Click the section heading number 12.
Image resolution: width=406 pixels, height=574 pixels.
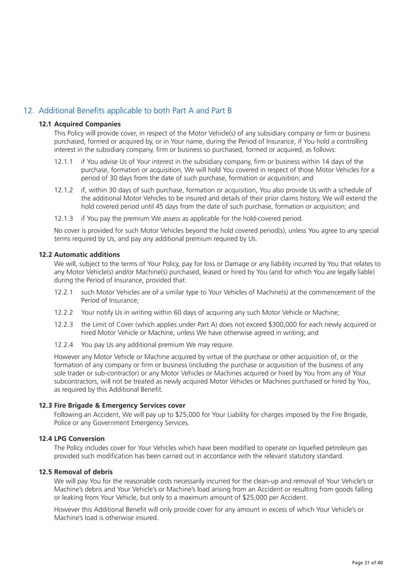click(x=28, y=110)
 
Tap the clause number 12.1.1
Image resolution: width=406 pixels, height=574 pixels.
click(x=63, y=162)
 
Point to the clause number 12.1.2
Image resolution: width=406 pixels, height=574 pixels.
click(x=63, y=190)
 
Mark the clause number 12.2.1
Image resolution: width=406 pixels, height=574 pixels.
click(x=63, y=292)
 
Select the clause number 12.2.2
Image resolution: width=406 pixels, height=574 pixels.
click(x=63, y=312)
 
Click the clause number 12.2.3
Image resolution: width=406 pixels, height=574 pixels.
click(x=63, y=325)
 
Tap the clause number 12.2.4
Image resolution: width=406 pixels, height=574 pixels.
click(x=63, y=345)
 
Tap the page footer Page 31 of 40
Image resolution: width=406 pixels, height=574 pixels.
click(x=368, y=563)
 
